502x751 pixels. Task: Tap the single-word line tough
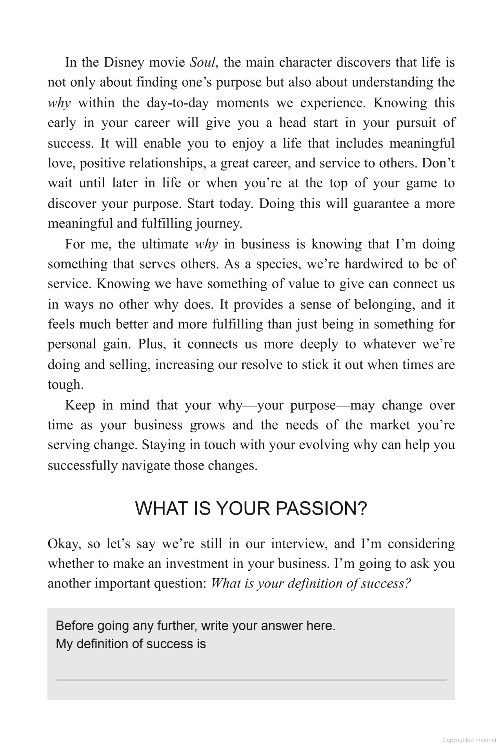tap(65, 385)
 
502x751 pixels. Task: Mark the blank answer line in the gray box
tap(251, 680)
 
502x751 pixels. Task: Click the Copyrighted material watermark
tap(469, 740)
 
